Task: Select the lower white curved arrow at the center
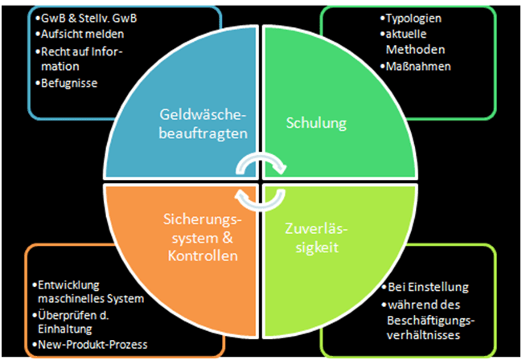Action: click(261, 196)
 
